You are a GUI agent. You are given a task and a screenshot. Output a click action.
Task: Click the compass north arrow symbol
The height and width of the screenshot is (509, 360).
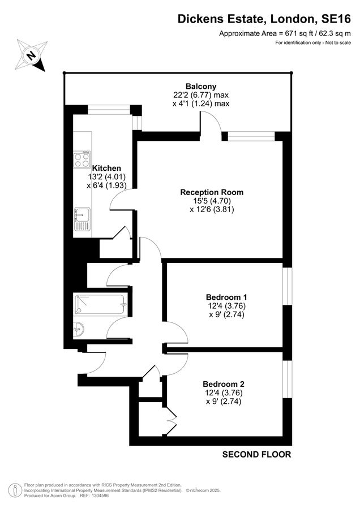(x=32, y=55)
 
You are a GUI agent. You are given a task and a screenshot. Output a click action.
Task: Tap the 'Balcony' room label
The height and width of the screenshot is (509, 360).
(x=201, y=87)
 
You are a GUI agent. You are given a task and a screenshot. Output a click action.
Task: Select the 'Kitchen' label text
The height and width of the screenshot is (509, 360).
(x=106, y=168)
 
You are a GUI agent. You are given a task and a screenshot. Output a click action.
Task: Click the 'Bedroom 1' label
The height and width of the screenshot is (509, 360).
(x=226, y=297)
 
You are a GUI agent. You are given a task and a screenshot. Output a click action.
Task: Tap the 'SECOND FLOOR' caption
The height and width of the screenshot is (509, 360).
(x=256, y=454)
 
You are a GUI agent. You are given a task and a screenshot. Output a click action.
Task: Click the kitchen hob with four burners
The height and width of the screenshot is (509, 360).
(x=82, y=159)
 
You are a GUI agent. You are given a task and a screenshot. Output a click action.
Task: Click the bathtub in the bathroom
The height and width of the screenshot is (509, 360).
(x=101, y=306)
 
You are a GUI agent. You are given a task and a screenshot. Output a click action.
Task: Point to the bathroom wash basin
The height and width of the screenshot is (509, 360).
(x=78, y=327)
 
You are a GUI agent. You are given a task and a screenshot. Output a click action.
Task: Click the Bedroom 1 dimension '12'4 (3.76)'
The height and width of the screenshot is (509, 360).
(x=226, y=306)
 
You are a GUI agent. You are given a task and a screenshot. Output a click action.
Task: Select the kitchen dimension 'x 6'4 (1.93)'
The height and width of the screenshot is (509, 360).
(x=106, y=185)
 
